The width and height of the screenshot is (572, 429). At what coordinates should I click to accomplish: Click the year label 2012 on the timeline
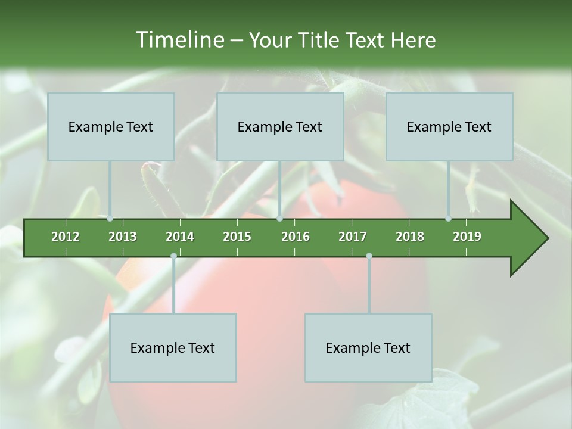coord(66,237)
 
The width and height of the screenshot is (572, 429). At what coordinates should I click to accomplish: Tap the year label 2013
coord(123,237)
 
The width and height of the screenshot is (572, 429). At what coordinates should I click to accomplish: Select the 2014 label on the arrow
coord(180,237)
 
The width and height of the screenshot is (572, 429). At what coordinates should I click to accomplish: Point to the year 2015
coord(237,237)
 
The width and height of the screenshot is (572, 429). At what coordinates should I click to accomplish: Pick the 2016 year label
coord(296,237)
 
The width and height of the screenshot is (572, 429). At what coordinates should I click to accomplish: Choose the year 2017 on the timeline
coord(353,237)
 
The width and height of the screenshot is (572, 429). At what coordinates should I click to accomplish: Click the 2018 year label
coord(410,237)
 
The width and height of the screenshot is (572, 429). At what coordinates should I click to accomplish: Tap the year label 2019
coord(467,237)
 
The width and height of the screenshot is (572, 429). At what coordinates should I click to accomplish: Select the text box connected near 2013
coord(111,126)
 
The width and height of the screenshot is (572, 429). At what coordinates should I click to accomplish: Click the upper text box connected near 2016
coord(280,126)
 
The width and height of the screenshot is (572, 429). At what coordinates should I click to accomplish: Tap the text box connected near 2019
coord(449,126)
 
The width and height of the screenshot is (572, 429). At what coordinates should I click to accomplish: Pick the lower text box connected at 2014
coord(173,347)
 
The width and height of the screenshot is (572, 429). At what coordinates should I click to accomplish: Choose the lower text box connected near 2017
coord(368,347)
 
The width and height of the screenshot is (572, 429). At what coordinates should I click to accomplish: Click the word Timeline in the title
coord(179,40)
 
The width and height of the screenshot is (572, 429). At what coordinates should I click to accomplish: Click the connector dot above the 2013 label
coord(110,219)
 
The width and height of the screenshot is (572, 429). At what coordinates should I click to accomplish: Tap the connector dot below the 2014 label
coord(173,256)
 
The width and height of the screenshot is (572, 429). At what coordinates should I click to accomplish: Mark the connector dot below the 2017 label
coord(369,256)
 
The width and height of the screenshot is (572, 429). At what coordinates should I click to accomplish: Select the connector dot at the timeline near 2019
coord(449,219)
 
